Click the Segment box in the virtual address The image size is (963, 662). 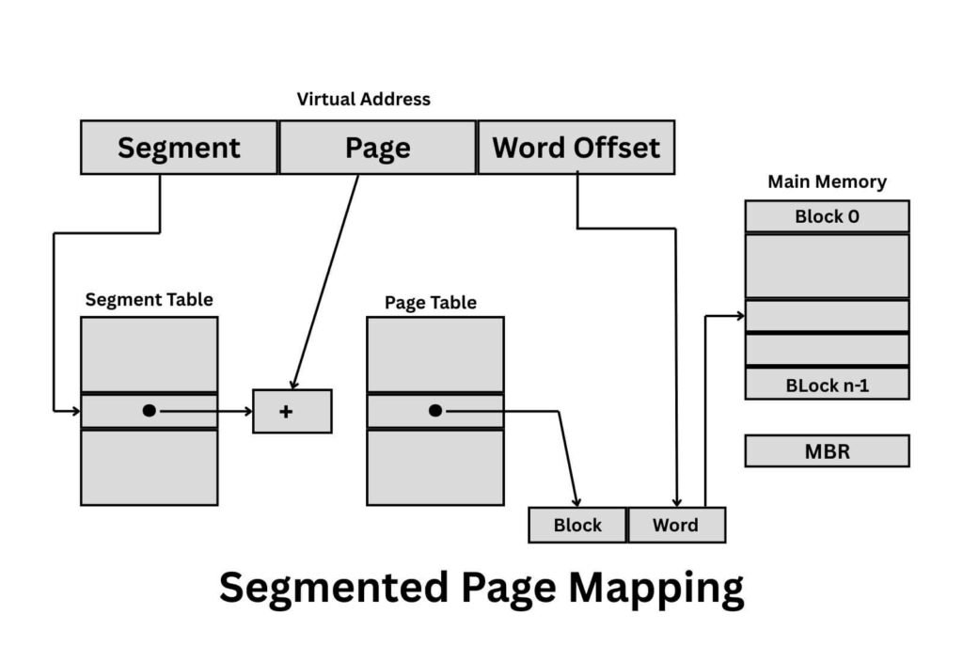(179, 148)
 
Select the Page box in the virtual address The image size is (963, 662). (377, 148)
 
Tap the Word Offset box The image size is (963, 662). (576, 148)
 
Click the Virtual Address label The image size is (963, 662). (363, 99)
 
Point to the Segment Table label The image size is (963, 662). (149, 300)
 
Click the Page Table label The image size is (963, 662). (430, 303)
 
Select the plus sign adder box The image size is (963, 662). (292, 411)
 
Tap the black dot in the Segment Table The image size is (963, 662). (150, 411)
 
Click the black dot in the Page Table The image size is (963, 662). (434, 411)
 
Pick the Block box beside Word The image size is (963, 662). (577, 525)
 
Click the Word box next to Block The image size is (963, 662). (676, 525)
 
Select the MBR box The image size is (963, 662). (827, 451)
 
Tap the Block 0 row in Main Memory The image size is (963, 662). (827, 216)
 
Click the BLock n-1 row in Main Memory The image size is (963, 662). (827, 385)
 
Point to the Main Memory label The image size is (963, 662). (827, 181)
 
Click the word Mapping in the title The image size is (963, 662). (655, 589)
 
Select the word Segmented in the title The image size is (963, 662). (334, 589)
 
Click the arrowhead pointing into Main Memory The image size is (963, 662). (739, 316)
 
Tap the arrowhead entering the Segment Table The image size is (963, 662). (75, 411)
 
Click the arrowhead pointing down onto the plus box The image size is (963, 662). (294, 384)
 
